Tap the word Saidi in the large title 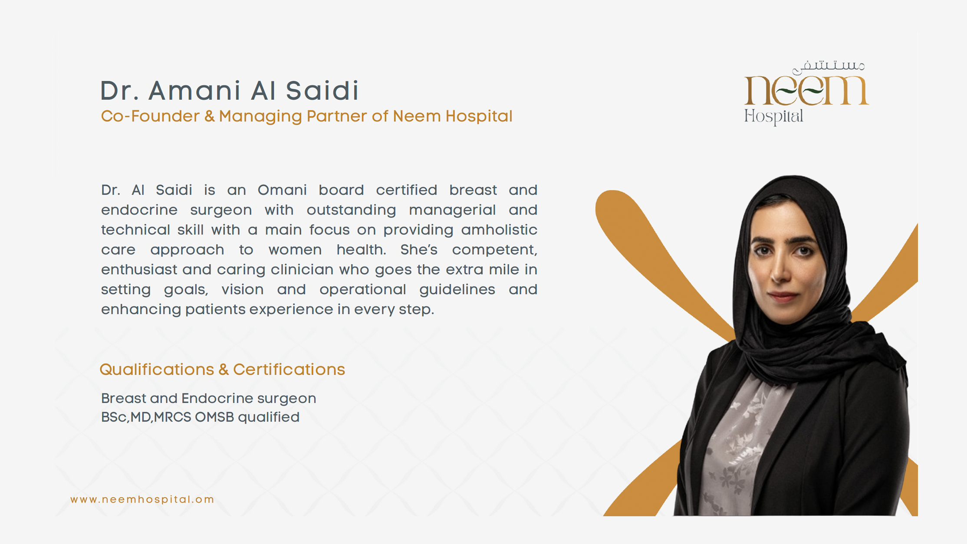click(x=322, y=91)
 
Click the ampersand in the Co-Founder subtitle click(x=210, y=116)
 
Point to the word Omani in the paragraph click(x=282, y=190)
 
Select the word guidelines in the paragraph click(x=457, y=289)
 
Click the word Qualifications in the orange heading click(x=157, y=370)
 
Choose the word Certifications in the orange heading click(x=289, y=370)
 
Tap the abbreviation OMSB click(x=214, y=417)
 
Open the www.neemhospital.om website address click(x=142, y=499)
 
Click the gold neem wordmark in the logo click(x=806, y=90)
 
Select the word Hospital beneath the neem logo click(x=773, y=117)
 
